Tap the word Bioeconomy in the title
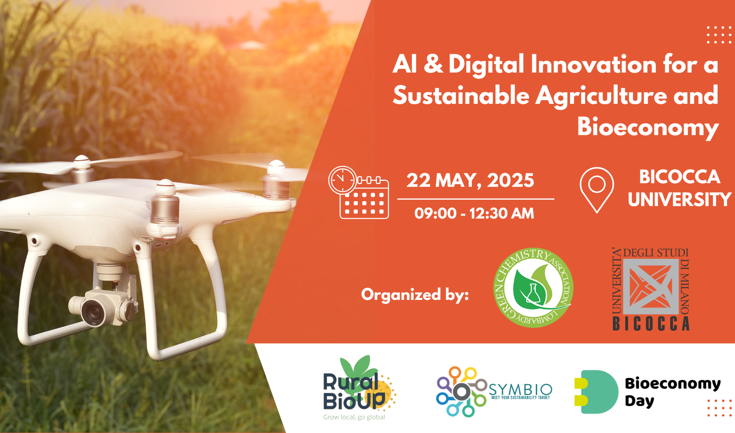tap(648, 127)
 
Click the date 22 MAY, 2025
tap(470, 180)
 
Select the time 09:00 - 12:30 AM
tap(474, 213)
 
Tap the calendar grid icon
tap(364, 199)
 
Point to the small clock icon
tap(342, 180)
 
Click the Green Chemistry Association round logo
tap(533, 287)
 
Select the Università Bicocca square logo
tap(651, 289)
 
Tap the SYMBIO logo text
tap(520, 389)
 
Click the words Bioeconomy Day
tap(673, 392)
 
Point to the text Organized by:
tap(415, 295)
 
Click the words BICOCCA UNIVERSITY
tap(680, 188)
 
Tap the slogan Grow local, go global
tap(354, 417)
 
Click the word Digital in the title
tap(486, 65)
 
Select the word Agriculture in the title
tap(601, 96)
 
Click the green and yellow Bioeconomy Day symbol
tap(597, 392)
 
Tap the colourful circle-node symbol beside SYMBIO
tap(461, 391)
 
